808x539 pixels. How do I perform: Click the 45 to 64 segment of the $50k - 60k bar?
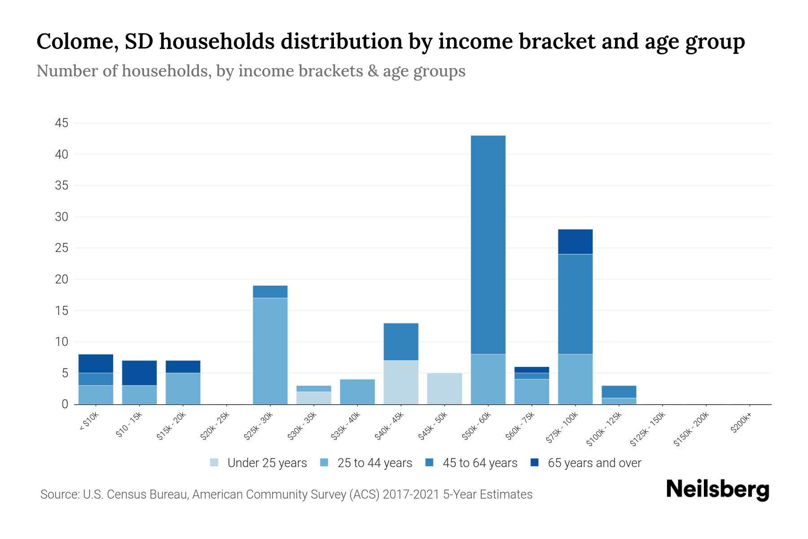click(488, 245)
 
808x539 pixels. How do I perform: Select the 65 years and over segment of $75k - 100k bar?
click(575, 242)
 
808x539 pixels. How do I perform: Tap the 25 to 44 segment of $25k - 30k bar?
click(270, 351)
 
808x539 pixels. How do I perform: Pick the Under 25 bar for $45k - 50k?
click(444, 389)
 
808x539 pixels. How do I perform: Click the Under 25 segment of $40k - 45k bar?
click(401, 382)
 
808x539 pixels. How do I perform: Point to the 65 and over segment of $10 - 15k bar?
click(139, 373)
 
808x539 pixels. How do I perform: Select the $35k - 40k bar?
click(357, 392)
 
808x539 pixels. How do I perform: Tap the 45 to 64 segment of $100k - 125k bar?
click(619, 392)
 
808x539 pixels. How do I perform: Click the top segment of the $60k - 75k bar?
click(531, 370)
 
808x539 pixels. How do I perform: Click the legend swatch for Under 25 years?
click(215, 463)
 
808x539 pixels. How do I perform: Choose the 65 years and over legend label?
click(594, 463)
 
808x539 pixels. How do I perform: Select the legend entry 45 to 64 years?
click(480, 463)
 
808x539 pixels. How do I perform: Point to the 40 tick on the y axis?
click(61, 155)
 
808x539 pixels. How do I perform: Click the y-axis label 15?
click(61, 311)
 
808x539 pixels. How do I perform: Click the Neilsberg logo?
click(717, 489)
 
